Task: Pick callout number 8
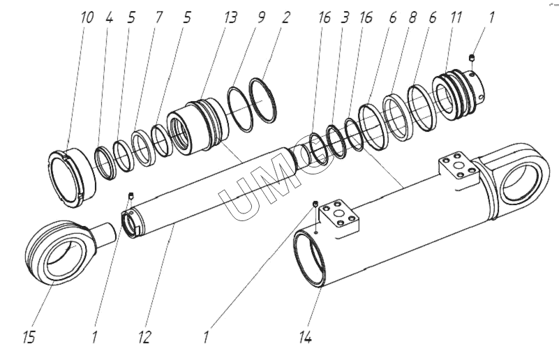[412, 17]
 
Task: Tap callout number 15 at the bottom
[30, 337]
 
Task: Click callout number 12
[144, 337]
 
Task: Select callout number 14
[305, 337]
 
